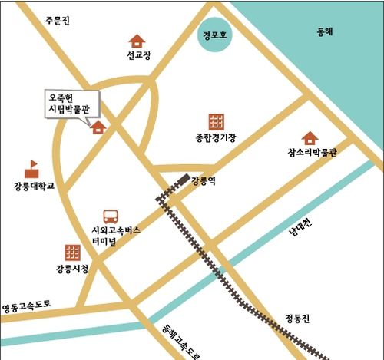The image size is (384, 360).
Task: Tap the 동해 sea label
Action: click(326, 32)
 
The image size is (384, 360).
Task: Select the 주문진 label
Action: click(58, 21)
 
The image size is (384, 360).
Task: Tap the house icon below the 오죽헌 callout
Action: click(99, 127)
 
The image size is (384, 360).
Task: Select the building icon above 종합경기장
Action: click(216, 121)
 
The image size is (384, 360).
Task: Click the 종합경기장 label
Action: click(216, 138)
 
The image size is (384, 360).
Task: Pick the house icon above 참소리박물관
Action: click(310, 137)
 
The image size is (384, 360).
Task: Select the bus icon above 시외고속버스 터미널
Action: click(111, 217)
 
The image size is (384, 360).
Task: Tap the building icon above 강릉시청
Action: click(73, 252)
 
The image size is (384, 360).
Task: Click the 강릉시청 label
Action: click(72, 269)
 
